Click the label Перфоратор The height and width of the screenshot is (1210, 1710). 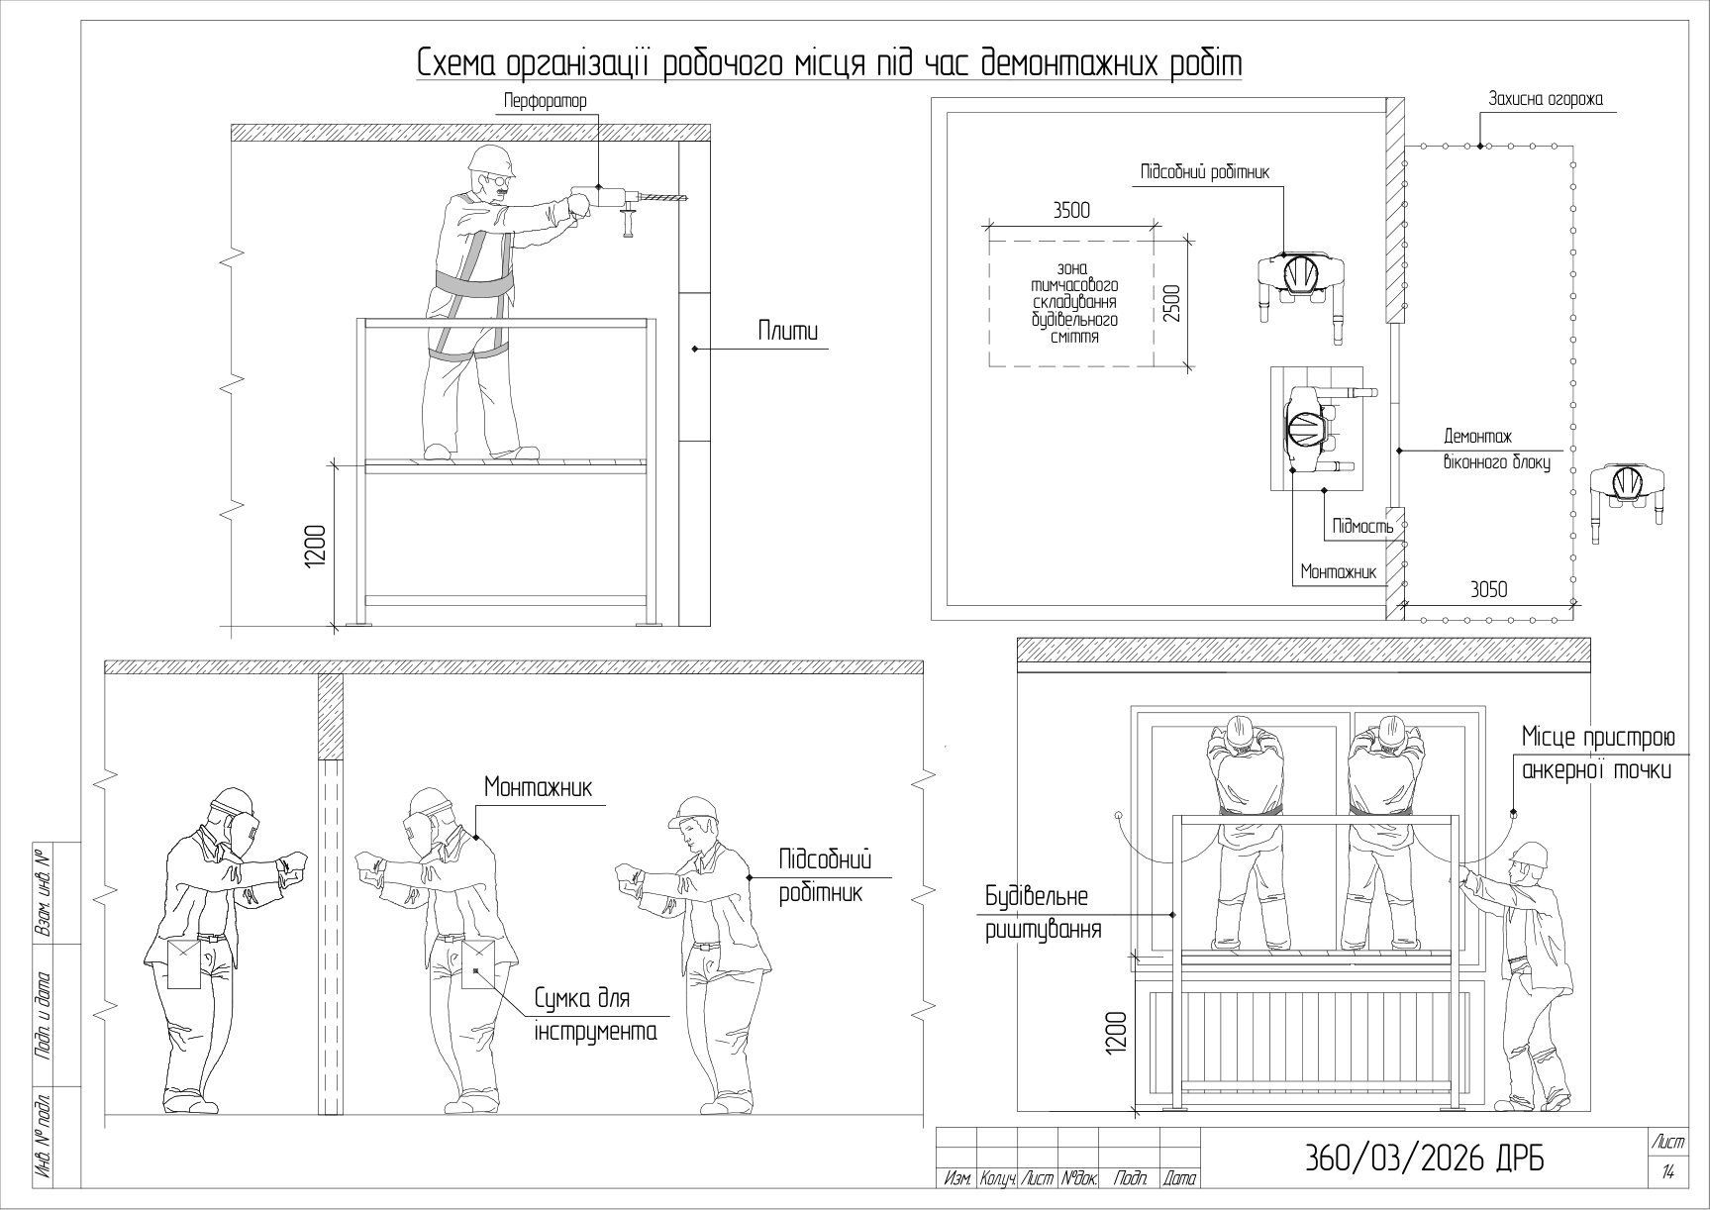click(x=545, y=101)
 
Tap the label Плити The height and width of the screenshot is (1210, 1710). click(x=789, y=332)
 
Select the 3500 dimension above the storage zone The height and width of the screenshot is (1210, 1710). click(x=1071, y=210)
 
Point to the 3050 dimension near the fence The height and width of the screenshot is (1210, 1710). click(x=1487, y=589)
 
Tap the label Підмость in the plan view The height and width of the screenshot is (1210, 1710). click(x=1363, y=526)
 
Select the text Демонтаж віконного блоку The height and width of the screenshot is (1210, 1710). click(x=1496, y=449)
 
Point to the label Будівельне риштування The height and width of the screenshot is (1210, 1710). click(x=1044, y=913)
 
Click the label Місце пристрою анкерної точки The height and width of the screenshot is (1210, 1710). click(x=1598, y=754)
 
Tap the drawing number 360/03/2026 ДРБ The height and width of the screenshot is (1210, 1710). click(x=1426, y=1159)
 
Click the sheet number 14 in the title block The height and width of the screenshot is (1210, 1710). click(x=1669, y=1173)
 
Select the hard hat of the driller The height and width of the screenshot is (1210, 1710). click(x=492, y=160)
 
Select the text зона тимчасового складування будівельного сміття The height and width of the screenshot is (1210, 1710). click(x=1074, y=303)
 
